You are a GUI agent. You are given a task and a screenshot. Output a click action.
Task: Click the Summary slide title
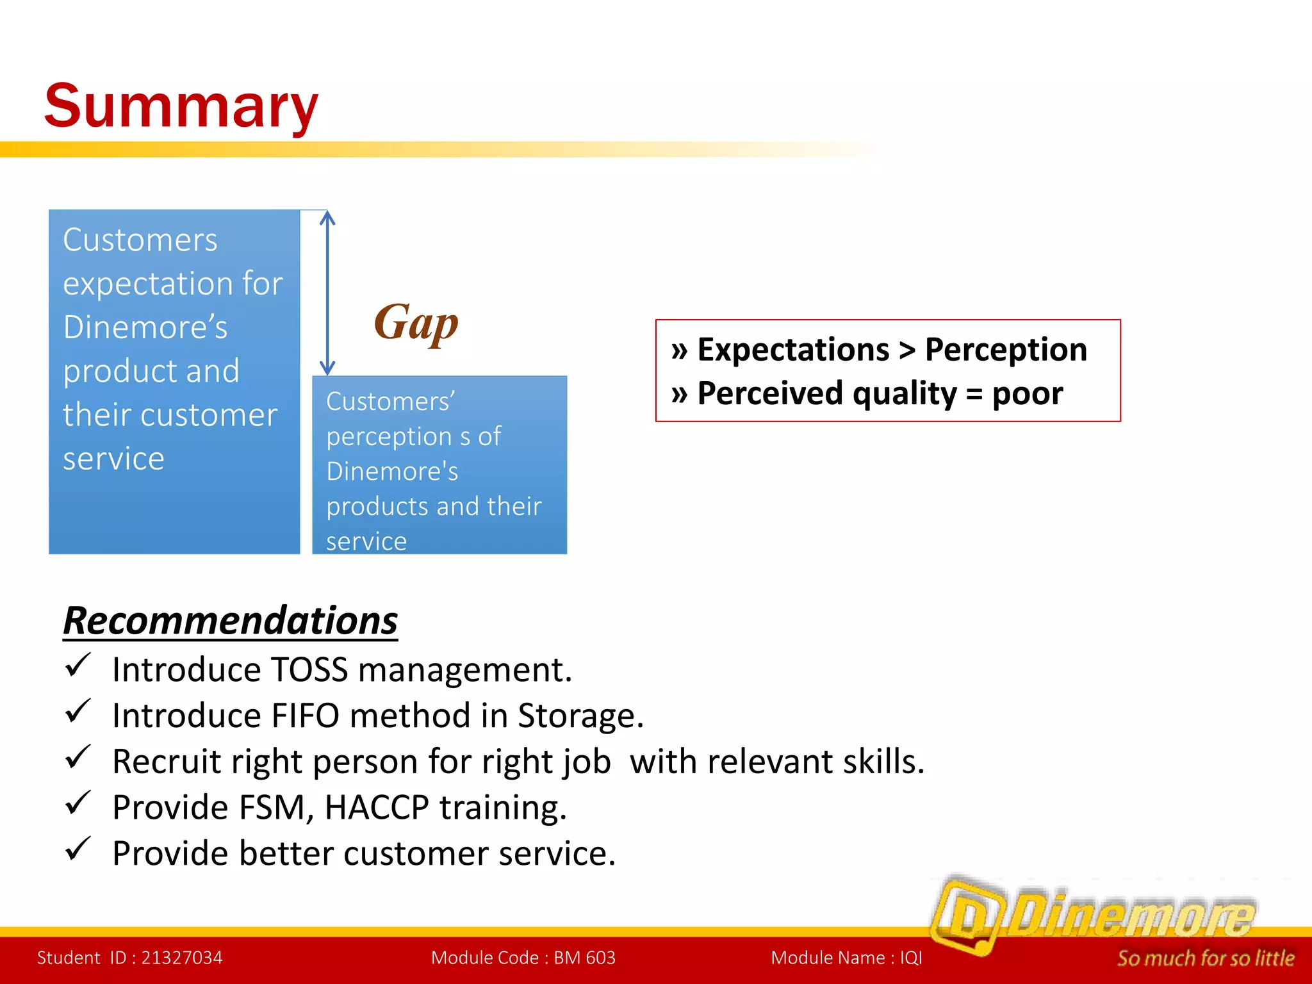(x=181, y=106)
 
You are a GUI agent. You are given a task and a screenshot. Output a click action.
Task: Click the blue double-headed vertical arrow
(x=327, y=293)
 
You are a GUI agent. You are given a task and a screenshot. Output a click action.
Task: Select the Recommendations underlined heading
(x=231, y=621)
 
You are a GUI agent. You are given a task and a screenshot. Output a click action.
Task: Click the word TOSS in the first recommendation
(x=309, y=670)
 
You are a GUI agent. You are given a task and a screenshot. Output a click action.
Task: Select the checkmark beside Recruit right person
(x=78, y=758)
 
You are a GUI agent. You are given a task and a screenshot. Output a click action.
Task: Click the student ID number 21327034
(x=182, y=958)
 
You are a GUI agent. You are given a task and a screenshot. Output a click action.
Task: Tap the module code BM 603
(x=584, y=958)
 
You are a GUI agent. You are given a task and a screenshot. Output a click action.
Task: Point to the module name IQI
(x=910, y=958)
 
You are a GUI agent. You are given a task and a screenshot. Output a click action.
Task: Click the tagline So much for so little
(x=1205, y=958)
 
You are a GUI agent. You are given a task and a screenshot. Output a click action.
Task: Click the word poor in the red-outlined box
(x=1027, y=393)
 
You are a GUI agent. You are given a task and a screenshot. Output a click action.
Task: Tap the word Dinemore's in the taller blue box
(x=145, y=327)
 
